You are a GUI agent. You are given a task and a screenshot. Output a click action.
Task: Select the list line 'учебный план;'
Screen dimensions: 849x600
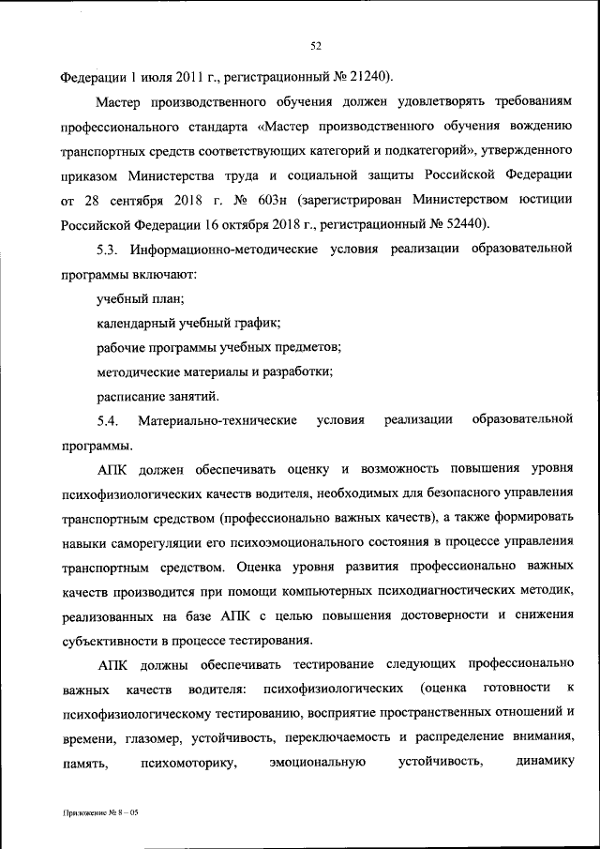point(140,298)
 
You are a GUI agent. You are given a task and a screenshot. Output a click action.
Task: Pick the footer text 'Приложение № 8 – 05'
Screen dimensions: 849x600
point(95,813)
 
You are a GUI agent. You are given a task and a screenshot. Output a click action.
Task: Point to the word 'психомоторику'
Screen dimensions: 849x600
point(182,764)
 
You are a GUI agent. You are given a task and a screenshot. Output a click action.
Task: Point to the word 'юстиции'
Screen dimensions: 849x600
point(540,200)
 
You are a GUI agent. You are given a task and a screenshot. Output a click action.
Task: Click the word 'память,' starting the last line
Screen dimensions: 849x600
point(83,764)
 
